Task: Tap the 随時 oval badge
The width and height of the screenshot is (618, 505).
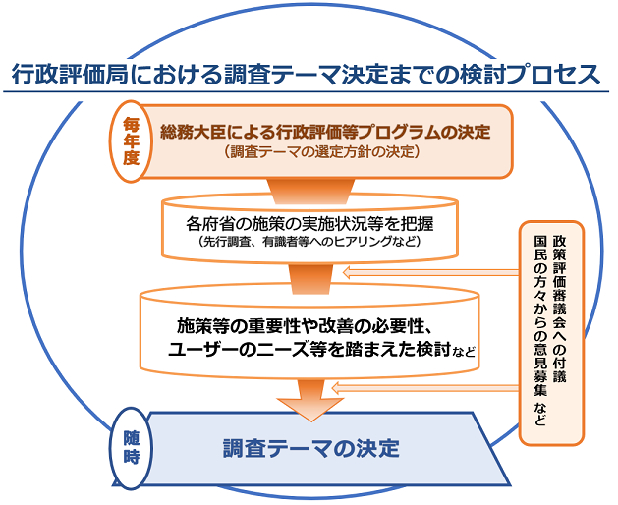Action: pyautogui.click(x=132, y=448)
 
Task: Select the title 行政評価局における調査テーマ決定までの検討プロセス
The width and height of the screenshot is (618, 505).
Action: pyautogui.click(x=306, y=74)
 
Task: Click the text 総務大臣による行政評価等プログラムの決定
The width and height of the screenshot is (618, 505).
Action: pyautogui.click(x=325, y=132)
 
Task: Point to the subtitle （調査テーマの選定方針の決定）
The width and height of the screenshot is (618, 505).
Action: pyautogui.click(x=322, y=151)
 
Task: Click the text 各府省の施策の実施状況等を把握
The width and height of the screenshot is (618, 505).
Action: pyautogui.click(x=309, y=224)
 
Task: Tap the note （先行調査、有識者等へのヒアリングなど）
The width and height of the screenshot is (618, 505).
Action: pyautogui.click(x=309, y=241)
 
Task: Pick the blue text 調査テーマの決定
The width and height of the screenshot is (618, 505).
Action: pyautogui.click(x=311, y=448)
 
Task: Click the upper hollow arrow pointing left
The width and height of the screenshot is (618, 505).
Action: pyautogui.click(x=430, y=272)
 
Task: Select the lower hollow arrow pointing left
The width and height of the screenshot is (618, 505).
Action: pyautogui.click(x=424, y=388)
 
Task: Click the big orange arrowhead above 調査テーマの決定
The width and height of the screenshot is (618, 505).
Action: pyautogui.click(x=311, y=409)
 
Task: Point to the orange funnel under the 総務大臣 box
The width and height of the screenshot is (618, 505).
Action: pyautogui.click(x=311, y=192)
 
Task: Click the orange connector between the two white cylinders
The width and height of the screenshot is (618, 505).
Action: pyautogui.click(x=311, y=279)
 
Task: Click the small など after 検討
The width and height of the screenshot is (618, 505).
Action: pyautogui.click(x=464, y=351)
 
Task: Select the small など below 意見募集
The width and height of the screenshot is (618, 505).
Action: pyautogui.click(x=540, y=414)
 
